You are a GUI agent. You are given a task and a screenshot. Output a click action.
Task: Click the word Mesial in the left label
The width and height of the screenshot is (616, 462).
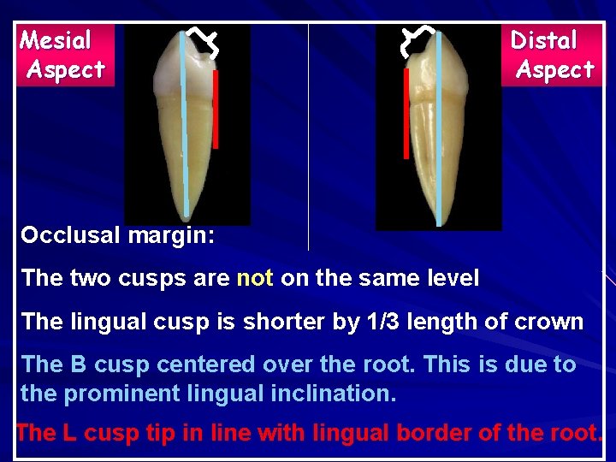pyautogui.click(x=56, y=40)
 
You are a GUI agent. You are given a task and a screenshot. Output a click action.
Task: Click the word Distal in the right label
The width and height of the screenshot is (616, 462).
pyautogui.click(x=543, y=40)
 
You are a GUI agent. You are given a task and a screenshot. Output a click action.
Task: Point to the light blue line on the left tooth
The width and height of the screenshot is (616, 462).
pyautogui.click(x=184, y=128)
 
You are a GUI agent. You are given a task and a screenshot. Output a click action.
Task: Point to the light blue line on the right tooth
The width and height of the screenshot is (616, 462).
pyautogui.click(x=439, y=128)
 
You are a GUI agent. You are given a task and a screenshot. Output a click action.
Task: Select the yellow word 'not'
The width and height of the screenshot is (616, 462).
pyautogui.click(x=254, y=278)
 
